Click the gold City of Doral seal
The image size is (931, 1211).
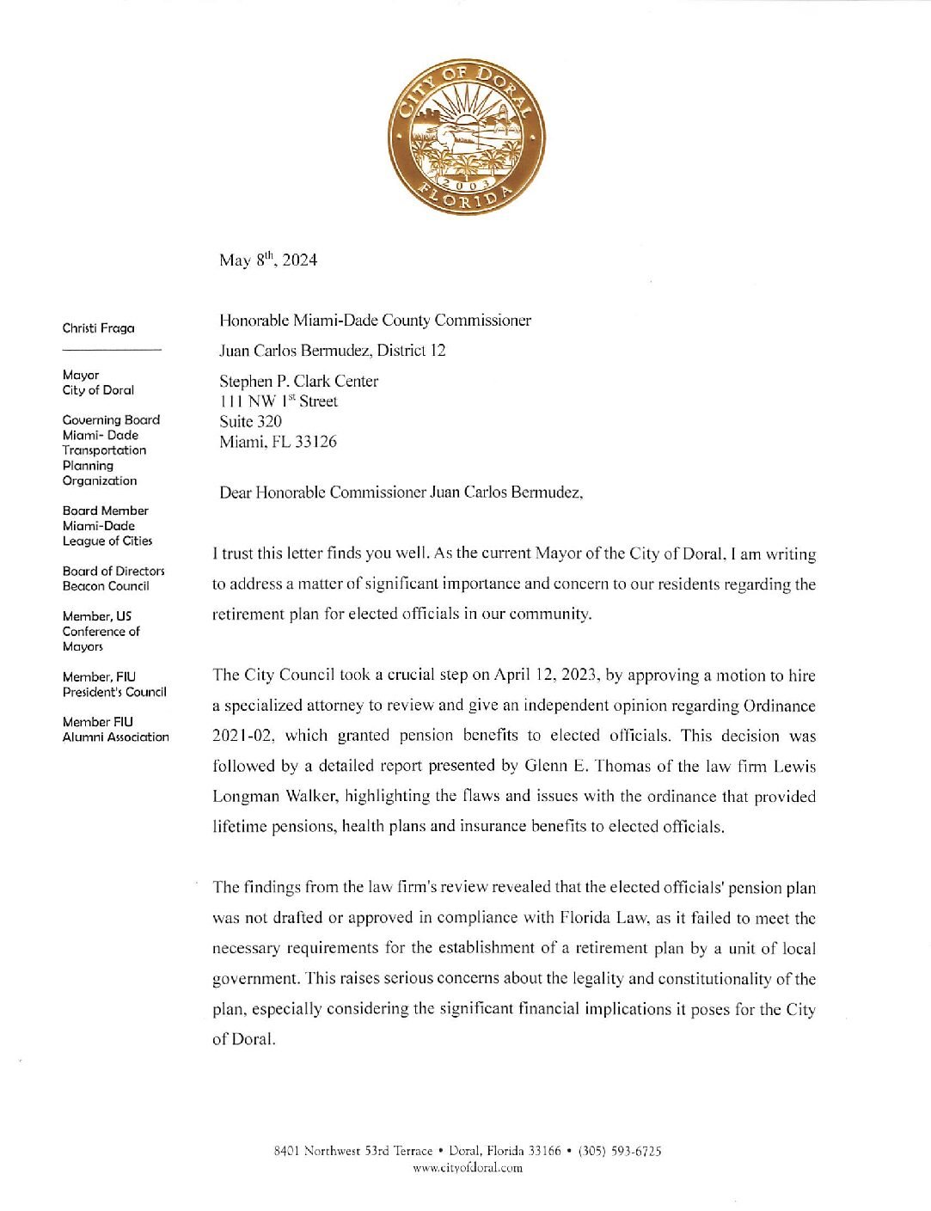tap(466, 138)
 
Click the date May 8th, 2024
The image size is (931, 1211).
tap(267, 260)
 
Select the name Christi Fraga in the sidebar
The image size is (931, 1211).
tap(98, 328)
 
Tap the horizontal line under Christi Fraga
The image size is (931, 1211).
tap(112, 350)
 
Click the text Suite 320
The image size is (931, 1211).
tap(250, 421)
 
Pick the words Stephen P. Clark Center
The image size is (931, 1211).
tap(298, 381)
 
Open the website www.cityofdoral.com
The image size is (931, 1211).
tap(467, 1167)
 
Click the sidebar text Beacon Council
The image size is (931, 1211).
tap(106, 586)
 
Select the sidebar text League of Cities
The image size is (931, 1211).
tap(107, 541)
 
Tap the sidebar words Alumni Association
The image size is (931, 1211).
tap(115, 737)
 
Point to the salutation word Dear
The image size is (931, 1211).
tap(236, 492)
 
